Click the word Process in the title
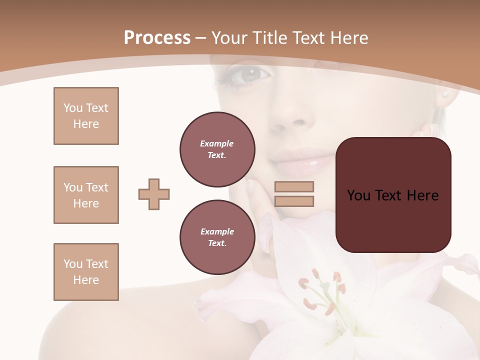tap(157, 38)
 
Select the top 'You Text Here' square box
tap(86, 116)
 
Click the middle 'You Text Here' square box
tap(86, 195)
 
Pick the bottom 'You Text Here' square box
tap(86, 272)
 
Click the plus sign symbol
tap(154, 194)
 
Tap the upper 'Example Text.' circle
tap(217, 149)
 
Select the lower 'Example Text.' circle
tap(217, 237)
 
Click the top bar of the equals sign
tap(294, 186)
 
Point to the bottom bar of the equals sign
tap(294, 201)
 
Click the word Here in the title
tap(348, 38)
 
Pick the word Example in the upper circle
tap(217, 143)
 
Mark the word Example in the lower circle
tap(217, 231)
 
